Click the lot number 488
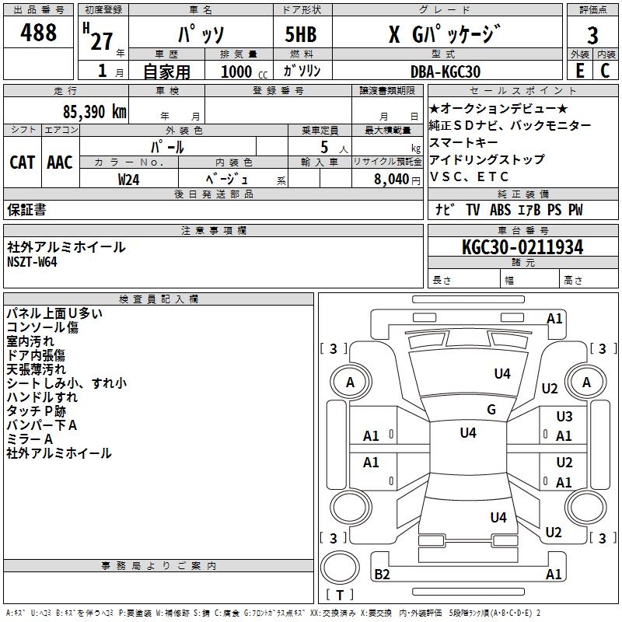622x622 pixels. coord(39,33)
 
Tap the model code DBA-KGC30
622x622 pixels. coord(446,72)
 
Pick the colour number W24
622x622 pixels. coord(129,179)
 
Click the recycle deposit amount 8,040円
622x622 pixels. coord(397,179)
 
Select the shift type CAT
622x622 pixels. coord(23,162)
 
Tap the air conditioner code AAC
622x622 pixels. coord(59,162)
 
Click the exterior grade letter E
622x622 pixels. coord(579,71)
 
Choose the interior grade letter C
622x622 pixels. coord(605,71)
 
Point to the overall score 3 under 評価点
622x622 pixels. coord(592,36)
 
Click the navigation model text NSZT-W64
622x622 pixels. coord(32,261)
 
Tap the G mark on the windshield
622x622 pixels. coord(491,410)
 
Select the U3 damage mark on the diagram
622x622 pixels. coord(564,417)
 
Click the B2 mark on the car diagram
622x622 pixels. coord(382,574)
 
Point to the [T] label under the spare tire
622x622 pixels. coord(340,596)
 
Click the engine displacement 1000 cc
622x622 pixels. coord(243,72)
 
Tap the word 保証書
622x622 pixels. coord(26,209)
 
